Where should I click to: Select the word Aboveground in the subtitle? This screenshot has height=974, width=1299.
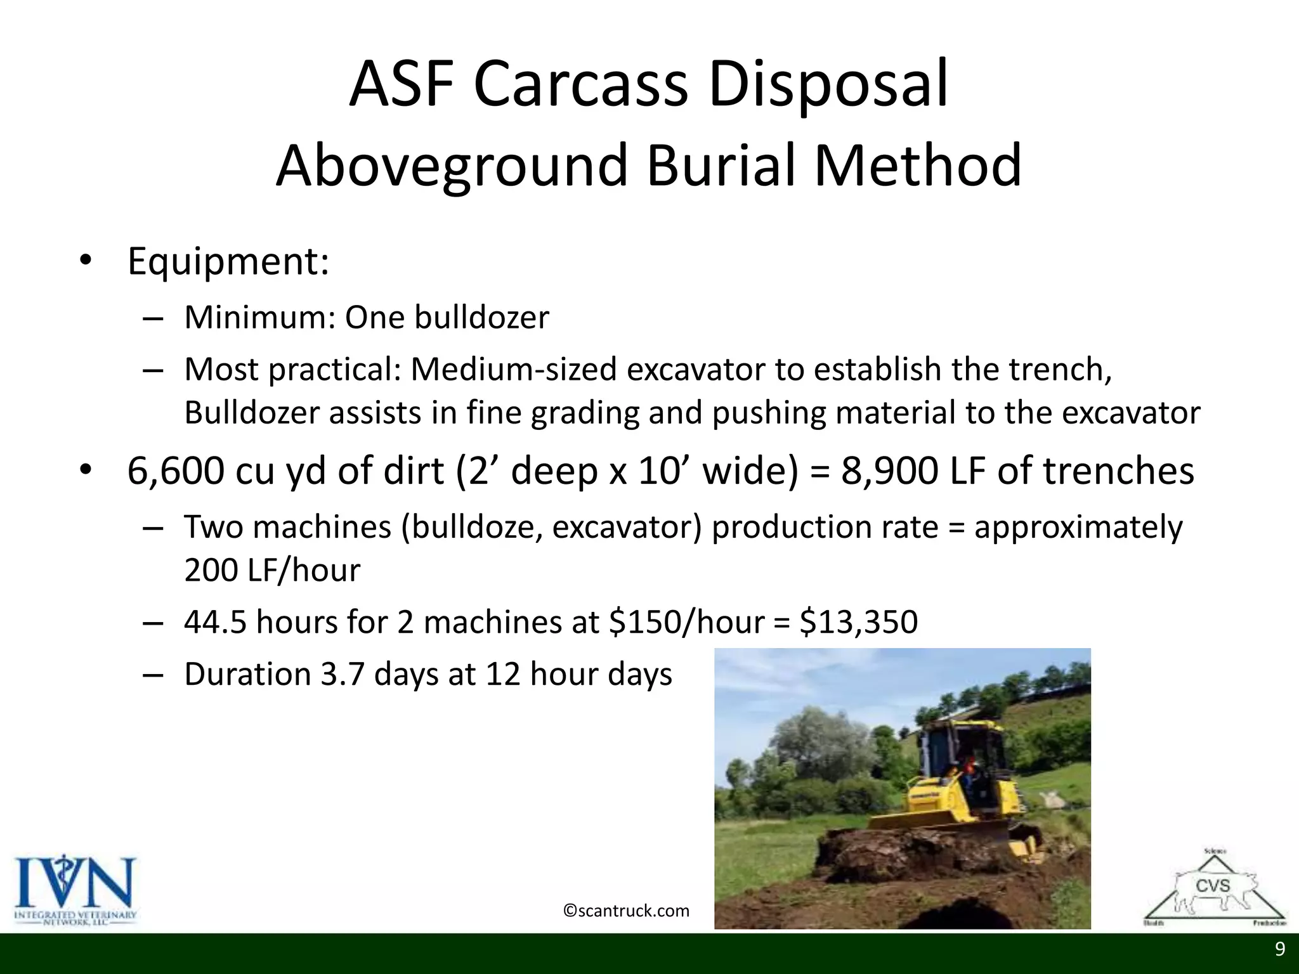coord(451,166)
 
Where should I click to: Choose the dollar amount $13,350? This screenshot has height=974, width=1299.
coord(858,621)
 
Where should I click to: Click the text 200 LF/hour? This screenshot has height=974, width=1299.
coord(271,569)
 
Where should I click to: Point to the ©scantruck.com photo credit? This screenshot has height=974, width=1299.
coord(626,911)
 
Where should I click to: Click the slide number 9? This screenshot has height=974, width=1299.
coord(1280,949)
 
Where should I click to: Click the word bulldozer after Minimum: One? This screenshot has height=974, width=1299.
coord(481,317)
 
